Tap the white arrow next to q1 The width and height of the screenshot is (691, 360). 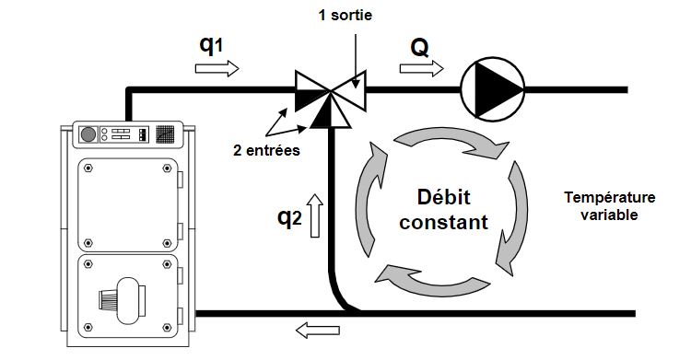[217, 69]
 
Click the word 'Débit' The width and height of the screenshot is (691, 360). [438, 197]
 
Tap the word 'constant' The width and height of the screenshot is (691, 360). [438, 222]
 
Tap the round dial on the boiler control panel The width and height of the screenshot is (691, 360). [89, 134]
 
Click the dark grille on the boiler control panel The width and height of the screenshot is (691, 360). [164, 134]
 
